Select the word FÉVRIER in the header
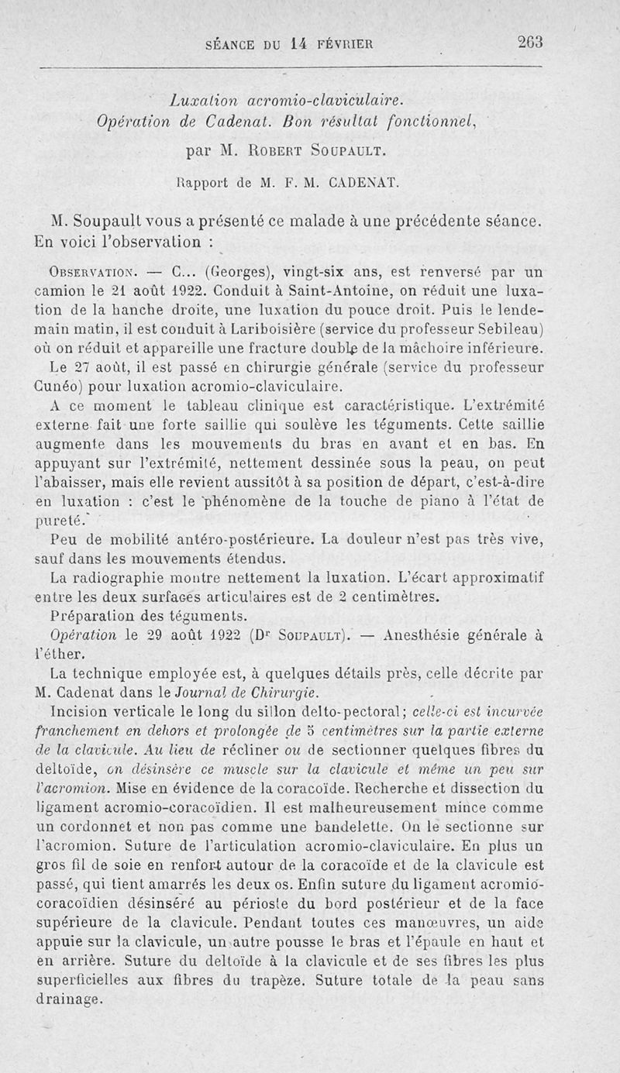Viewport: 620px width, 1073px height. pos(343,44)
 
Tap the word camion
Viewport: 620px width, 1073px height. pos(62,292)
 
